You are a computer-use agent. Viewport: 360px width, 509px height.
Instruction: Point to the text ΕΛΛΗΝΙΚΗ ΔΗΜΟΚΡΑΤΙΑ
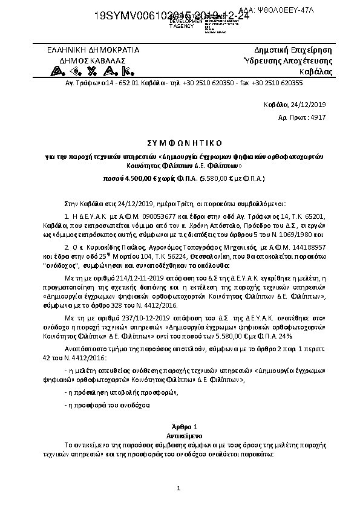[x=93, y=50]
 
